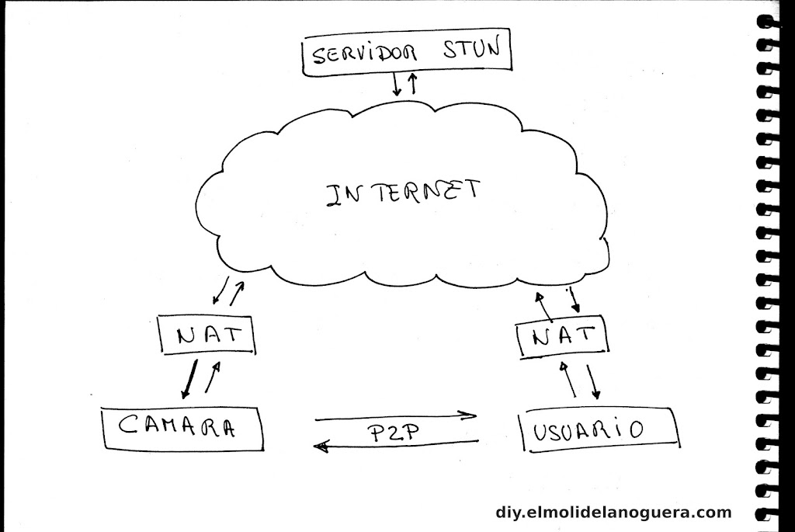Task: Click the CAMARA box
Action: pyautogui.click(x=182, y=427)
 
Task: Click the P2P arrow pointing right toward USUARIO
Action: pyautogui.click(x=396, y=417)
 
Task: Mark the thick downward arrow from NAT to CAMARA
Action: pyautogui.click(x=187, y=377)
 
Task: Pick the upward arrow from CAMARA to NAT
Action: pyautogui.click(x=212, y=377)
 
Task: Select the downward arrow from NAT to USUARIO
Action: pyautogui.click(x=594, y=379)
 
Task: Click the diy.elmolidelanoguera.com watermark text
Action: pyautogui.click(x=613, y=512)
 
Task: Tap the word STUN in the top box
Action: pyautogui.click(x=473, y=53)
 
